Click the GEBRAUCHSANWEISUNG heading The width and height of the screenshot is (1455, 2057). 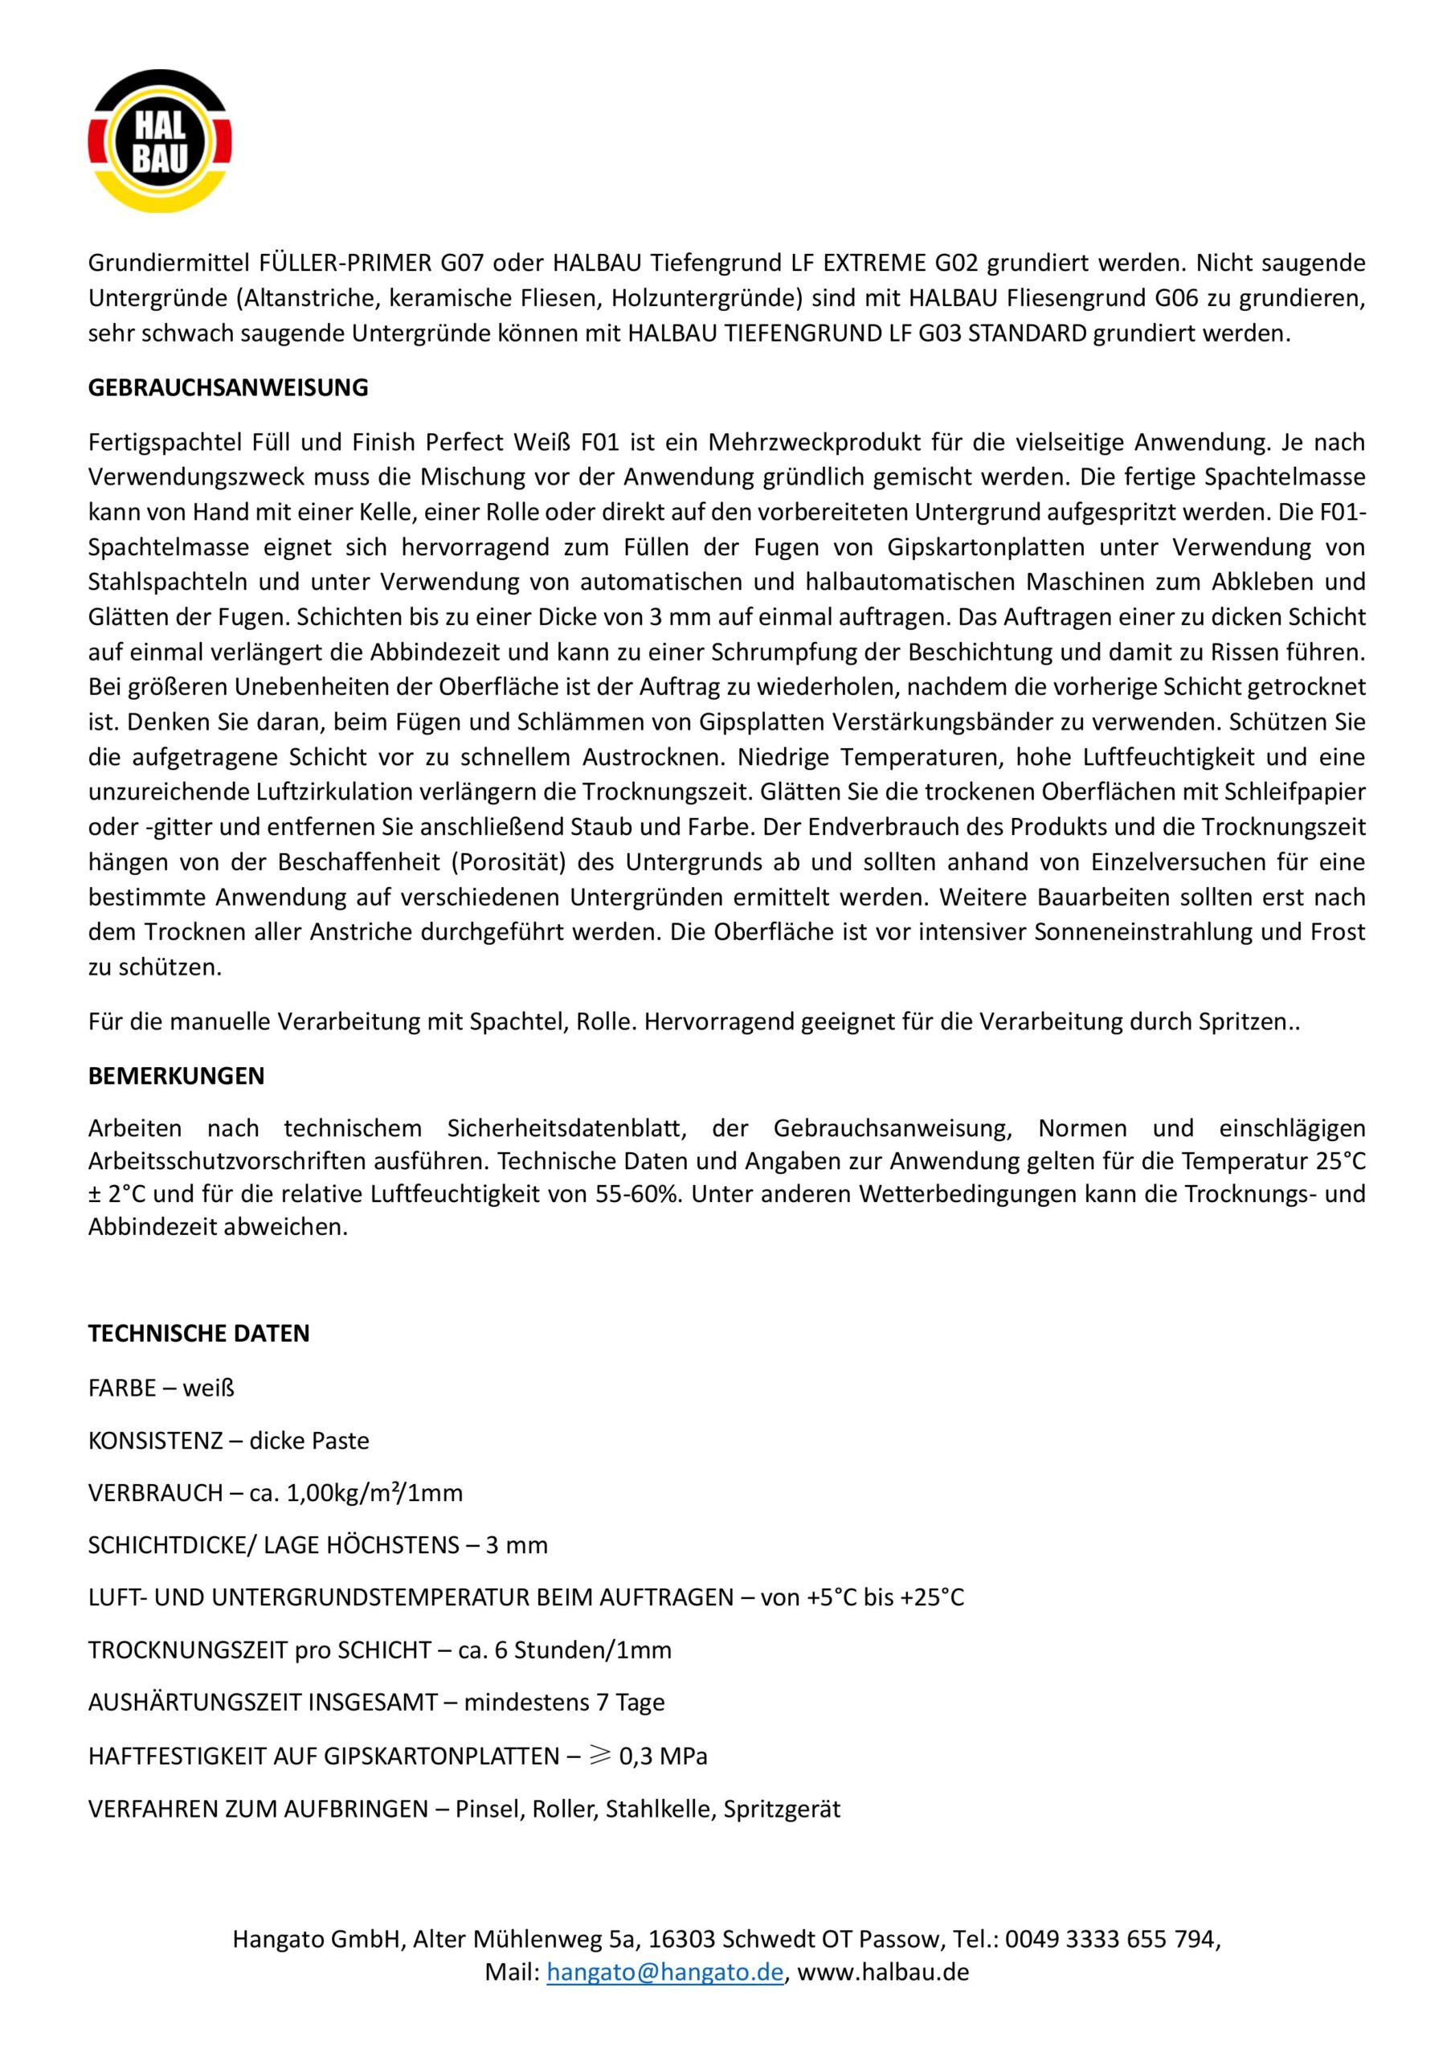coord(227,388)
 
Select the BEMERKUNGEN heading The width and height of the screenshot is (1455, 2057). coord(177,1075)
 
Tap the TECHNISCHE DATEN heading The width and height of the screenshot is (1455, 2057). coord(199,1333)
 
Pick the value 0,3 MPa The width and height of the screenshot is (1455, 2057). coord(663,1756)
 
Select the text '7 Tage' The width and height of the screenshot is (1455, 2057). coord(631,1702)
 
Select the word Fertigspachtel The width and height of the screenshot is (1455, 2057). coord(157,442)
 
